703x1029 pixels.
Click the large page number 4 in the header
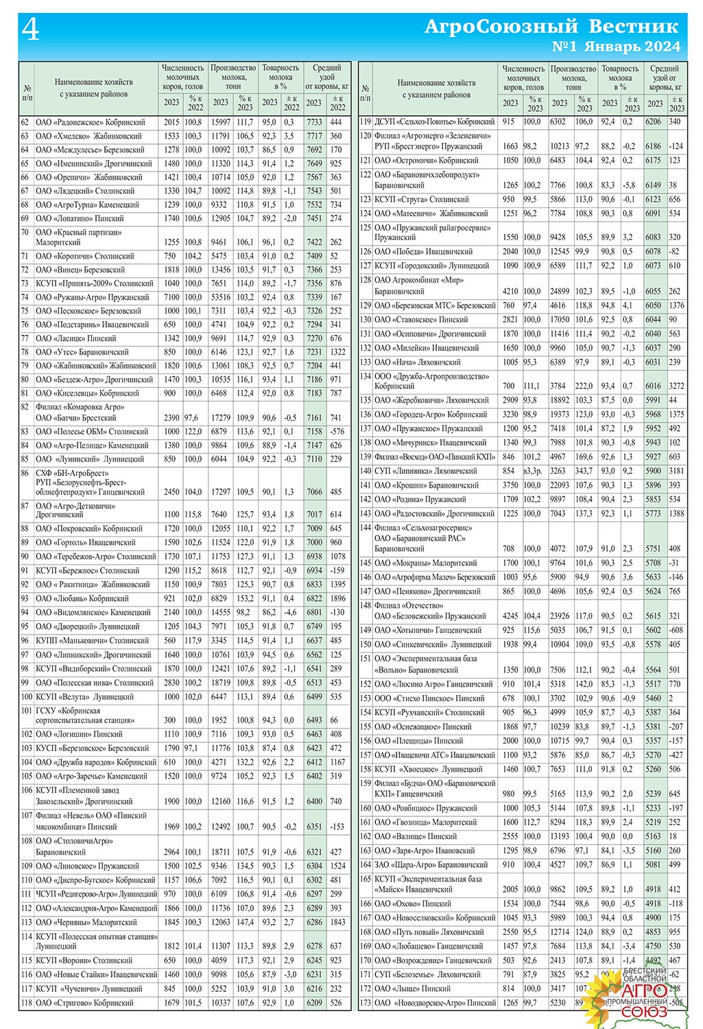31,30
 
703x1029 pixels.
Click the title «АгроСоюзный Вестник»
551,27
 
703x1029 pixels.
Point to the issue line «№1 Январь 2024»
616,47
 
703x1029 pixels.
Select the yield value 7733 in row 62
314,122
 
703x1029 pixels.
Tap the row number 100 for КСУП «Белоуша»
26,696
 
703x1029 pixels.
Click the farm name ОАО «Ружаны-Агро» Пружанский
92,297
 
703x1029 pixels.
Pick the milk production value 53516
221,297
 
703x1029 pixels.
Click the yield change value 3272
676,386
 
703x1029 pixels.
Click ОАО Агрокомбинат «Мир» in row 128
419,280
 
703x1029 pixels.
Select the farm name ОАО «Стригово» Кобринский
84,1002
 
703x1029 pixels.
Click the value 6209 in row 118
314,1002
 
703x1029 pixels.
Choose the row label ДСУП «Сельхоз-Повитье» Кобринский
434,121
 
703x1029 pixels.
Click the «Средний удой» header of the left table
326,77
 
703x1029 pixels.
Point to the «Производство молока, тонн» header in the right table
573,78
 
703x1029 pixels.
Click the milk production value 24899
560,291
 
